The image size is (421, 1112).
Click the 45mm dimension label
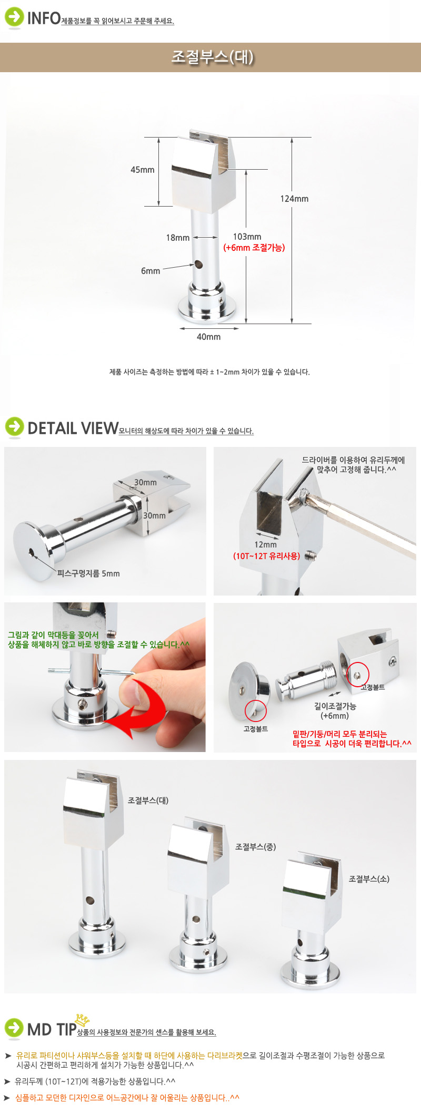(x=143, y=170)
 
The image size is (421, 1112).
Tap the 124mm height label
(x=294, y=199)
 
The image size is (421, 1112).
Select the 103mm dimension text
(x=247, y=237)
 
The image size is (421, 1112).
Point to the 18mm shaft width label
(x=178, y=238)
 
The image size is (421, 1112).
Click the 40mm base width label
(x=209, y=337)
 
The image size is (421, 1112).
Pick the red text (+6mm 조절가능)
(x=254, y=248)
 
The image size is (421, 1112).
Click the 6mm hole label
(x=151, y=271)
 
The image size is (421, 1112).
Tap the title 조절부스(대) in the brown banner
(x=213, y=57)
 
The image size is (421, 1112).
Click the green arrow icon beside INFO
(x=14, y=17)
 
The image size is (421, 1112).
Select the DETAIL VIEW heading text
(x=73, y=428)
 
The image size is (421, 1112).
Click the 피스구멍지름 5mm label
(x=88, y=573)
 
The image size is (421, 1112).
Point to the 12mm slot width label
(x=266, y=544)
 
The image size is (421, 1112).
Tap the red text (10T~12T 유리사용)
(x=267, y=555)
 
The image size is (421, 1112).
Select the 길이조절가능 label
(x=335, y=706)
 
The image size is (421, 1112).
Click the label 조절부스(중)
(x=256, y=847)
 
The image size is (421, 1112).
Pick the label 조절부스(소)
(x=369, y=879)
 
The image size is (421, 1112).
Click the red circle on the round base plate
(x=256, y=711)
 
